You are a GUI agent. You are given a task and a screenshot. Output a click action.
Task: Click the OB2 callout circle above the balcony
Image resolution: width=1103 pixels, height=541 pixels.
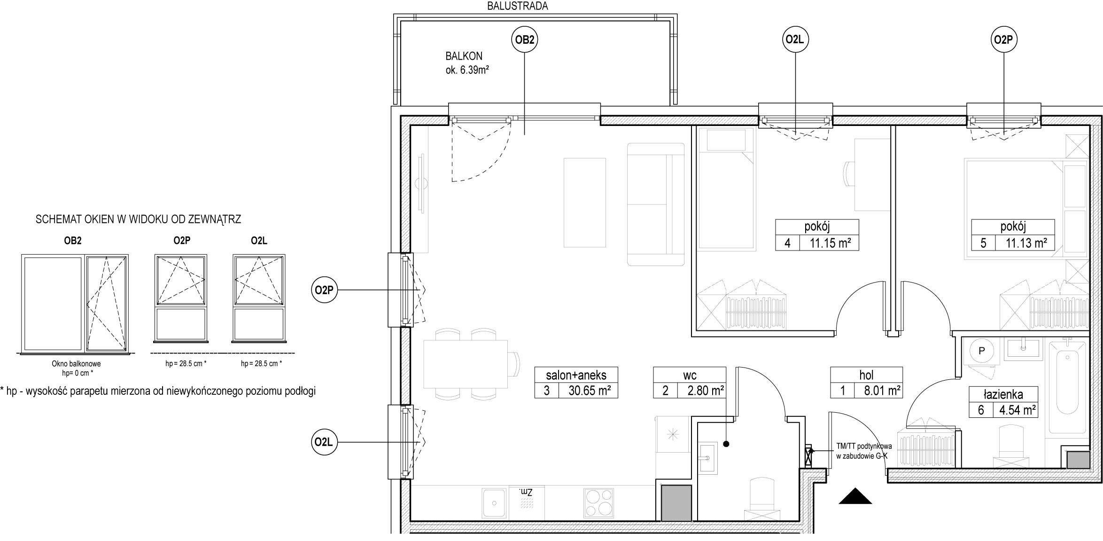(x=524, y=40)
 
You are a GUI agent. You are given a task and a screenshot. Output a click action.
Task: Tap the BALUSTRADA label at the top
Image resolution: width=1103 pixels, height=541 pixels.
(x=518, y=6)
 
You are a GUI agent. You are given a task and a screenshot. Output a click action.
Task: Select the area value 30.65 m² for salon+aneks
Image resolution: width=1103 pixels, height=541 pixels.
(x=588, y=390)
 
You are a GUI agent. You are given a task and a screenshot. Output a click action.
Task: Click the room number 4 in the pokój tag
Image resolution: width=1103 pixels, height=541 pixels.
(x=787, y=243)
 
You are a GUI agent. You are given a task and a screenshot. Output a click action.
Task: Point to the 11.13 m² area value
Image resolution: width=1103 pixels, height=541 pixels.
(x=1026, y=243)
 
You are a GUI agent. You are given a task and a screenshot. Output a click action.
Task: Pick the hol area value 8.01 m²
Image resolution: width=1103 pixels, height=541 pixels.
(x=882, y=390)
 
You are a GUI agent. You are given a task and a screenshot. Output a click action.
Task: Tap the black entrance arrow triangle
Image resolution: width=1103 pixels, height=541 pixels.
(x=855, y=496)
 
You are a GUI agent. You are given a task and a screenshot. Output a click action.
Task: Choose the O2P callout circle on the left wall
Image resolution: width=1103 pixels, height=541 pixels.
(x=324, y=290)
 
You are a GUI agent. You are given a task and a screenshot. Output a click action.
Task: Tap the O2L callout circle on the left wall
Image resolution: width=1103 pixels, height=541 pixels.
(x=324, y=442)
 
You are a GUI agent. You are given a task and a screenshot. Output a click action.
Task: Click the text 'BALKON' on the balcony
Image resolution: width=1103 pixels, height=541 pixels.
(x=464, y=56)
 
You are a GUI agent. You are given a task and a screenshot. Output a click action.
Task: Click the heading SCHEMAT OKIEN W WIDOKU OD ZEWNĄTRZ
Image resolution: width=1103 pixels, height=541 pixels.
(x=138, y=219)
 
